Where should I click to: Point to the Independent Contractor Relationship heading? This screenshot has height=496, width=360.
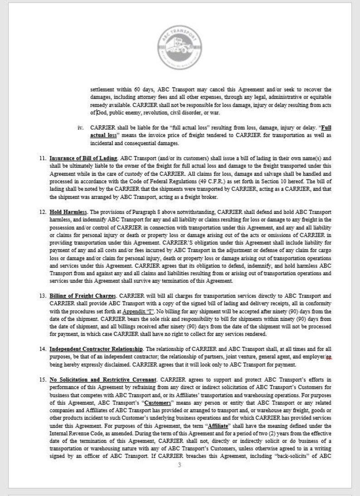coord(96,349)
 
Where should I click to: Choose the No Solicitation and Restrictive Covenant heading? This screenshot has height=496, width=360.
coord(103,379)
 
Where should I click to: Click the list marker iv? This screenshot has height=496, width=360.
coord(81,128)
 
